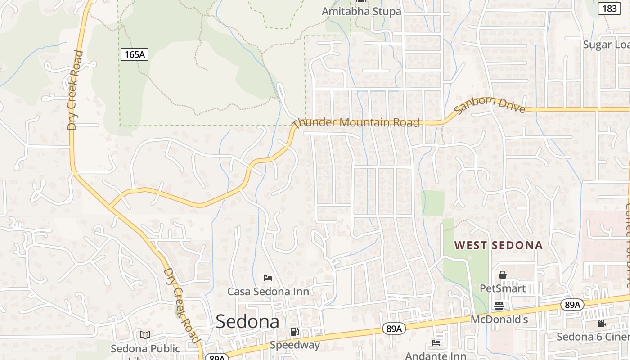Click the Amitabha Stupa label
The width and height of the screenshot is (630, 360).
(x=361, y=11)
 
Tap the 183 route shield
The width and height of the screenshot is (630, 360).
(x=610, y=8)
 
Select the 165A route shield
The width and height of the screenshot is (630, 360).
(x=134, y=55)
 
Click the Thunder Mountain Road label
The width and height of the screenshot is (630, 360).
(x=356, y=122)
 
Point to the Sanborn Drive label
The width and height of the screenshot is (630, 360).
(x=490, y=105)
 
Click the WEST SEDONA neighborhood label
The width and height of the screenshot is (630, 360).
(x=499, y=246)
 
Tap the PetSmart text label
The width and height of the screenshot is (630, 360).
(x=503, y=288)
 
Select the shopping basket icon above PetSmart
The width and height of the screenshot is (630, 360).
(x=503, y=274)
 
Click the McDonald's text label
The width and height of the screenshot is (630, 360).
(x=499, y=319)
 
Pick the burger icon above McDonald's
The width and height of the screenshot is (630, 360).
(x=499, y=306)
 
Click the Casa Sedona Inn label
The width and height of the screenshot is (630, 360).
(x=268, y=291)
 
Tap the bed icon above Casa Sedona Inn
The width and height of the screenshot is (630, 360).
(x=268, y=278)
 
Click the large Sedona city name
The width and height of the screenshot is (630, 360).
(x=247, y=322)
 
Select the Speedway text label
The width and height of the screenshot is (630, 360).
(x=295, y=345)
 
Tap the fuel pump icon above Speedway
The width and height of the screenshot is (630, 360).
(x=294, y=332)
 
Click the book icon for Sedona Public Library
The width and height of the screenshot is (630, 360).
(x=145, y=335)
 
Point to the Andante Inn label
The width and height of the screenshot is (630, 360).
(x=436, y=355)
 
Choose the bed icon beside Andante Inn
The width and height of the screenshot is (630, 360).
(x=436, y=343)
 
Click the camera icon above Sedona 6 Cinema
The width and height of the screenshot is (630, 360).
(x=602, y=323)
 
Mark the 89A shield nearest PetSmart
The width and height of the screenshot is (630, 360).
(x=572, y=305)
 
